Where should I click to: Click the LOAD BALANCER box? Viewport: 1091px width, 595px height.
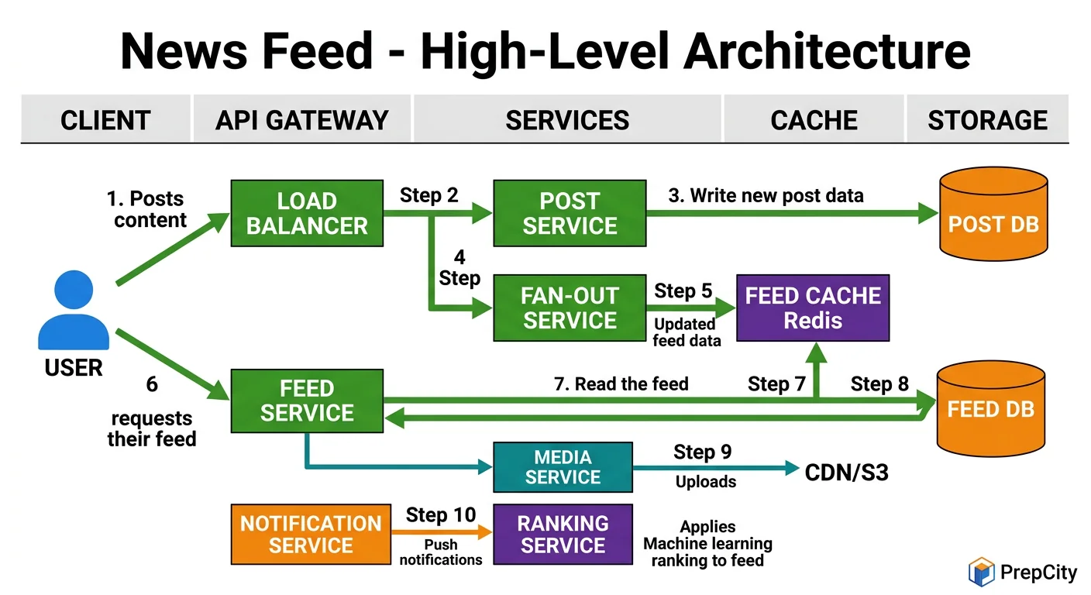[x=307, y=213]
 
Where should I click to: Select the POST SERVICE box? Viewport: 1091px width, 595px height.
[x=570, y=213]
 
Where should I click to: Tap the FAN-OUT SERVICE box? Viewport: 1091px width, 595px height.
[x=570, y=308]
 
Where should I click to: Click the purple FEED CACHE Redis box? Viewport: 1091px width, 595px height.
[x=813, y=308]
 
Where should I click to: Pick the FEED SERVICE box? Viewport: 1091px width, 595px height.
[x=307, y=401]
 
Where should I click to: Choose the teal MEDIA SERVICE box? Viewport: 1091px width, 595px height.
[x=563, y=467]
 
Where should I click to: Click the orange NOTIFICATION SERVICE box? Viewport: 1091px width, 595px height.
[x=311, y=534]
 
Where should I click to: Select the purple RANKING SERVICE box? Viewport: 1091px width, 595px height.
[x=563, y=534]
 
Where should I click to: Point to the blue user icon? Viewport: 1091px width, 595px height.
[x=74, y=310]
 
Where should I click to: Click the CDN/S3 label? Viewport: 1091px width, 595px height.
[x=846, y=472]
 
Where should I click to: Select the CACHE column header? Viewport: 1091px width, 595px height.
[x=814, y=120]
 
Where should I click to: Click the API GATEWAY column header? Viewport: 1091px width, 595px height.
[x=301, y=120]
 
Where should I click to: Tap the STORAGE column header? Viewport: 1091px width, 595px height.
[x=987, y=120]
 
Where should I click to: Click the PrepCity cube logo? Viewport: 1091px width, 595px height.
[x=981, y=572]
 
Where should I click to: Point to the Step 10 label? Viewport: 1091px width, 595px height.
[x=440, y=515]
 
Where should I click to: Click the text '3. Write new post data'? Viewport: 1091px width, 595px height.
[x=766, y=195]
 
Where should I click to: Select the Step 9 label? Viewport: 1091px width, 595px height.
[x=702, y=452]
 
